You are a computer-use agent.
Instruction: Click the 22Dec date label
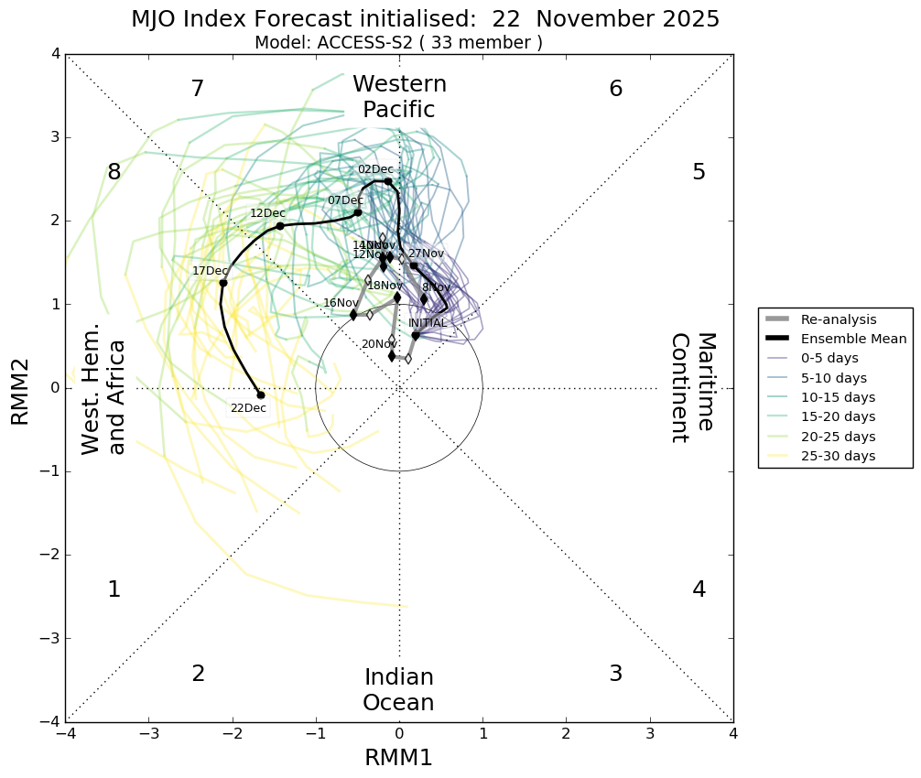[x=248, y=408]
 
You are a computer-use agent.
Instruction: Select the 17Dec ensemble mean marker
[x=222, y=283]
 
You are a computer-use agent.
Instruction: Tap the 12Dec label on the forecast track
[x=267, y=213]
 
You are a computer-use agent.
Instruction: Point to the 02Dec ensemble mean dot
[x=388, y=181]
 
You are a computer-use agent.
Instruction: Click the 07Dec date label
[x=345, y=200]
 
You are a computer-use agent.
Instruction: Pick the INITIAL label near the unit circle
[x=428, y=323]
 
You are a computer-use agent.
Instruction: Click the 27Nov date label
[x=426, y=254]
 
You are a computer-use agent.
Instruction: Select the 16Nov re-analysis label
[x=341, y=303]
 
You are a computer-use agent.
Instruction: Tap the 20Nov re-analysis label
[x=379, y=344]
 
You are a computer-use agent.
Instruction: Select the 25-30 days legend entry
[x=838, y=456]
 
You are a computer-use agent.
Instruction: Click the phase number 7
[x=197, y=89]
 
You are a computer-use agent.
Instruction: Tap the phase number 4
[x=699, y=589]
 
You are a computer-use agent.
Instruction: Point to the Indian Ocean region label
[x=398, y=690]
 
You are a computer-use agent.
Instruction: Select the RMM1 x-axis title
[x=398, y=757]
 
